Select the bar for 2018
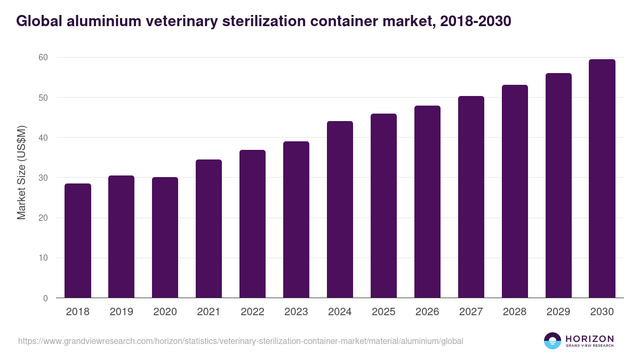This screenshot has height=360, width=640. pyautogui.click(x=78, y=241)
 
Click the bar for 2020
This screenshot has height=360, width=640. pyautogui.click(x=165, y=237)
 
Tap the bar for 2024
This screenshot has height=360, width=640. pyautogui.click(x=340, y=210)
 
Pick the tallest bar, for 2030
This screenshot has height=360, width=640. pyautogui.click(x=602, y=179)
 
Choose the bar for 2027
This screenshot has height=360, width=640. pyautogui.click(x=471, y=197)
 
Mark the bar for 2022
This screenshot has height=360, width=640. pyautogui.click(x=252, y=224)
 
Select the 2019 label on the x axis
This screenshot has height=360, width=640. pyautogui.click(x=122, y=312)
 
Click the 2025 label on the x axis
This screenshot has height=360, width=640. pyautogui.click(x=383, y=312)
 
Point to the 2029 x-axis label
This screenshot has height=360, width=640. pyautogui.click(x=558, y=312)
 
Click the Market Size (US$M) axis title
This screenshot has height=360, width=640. pyautogui.click(x=22, y=172)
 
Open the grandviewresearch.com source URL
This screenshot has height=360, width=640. pyautogui.click(x=241, y=341)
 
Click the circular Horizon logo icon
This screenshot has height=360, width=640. pyautogui.click(x=553, y=341)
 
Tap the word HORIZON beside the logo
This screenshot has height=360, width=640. pyautogui.click(x=589, y=339)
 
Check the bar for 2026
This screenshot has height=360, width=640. pyautogui.click(x=427, y=202)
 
